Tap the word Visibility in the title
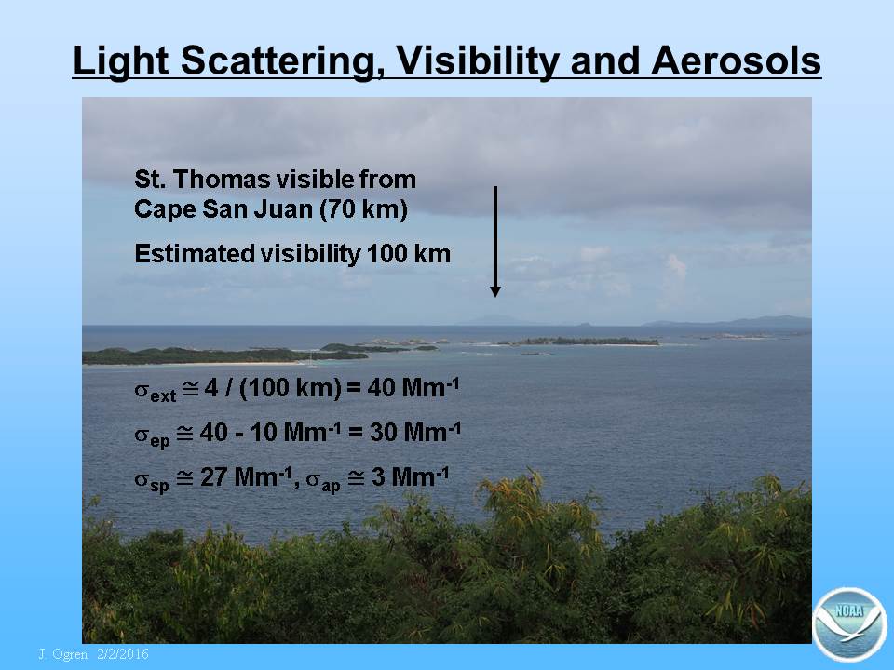(x=477, y=61)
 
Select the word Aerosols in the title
(x=736, y=61)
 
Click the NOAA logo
(x=849, y=624)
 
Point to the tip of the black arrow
(x=494, y=297)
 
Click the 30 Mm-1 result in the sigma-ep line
(x=415, y=432)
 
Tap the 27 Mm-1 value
(x=246, y=476)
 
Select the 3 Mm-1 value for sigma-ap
(x=410, y=476)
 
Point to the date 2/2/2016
(x=123, y=654)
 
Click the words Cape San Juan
(x=223, y=209)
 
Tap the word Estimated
(x=195, y=253)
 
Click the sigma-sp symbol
(x=152, y=481)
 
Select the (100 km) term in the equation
(x=291, y=388)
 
